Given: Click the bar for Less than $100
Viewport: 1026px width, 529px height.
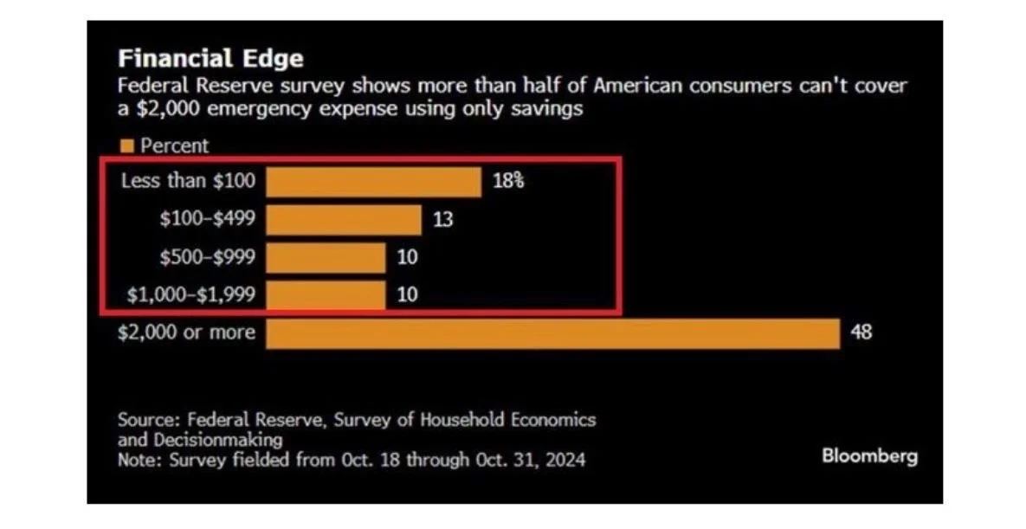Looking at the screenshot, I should pos(373,183).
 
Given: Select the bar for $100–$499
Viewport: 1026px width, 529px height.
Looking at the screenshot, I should pos(343,220).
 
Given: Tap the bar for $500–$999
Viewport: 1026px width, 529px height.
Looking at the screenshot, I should pos(326,257).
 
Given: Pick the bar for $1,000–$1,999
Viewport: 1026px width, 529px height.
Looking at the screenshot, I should pos(326,294).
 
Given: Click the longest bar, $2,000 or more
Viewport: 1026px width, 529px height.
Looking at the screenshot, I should pos(552,333).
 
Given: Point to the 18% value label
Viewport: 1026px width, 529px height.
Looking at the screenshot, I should pos(508,183).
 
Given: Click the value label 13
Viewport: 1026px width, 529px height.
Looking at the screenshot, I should pos(442,220).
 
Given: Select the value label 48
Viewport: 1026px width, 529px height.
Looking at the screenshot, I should pos(861,332).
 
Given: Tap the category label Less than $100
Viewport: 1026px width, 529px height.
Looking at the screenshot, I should pos(188,182).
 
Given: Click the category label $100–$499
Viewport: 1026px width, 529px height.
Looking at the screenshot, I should pos(207,219).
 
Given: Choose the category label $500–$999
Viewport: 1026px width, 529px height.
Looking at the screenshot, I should pos(207,257).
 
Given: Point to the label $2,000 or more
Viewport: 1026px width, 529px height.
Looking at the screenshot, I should pos(187,332).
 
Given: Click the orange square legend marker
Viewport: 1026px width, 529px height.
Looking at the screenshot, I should pos(126,146).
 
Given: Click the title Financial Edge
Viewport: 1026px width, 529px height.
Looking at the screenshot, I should pos(210,59).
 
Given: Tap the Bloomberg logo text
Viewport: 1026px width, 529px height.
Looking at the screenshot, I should pos(869,456).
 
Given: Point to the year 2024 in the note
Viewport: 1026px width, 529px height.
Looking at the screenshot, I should pos(565,460).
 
